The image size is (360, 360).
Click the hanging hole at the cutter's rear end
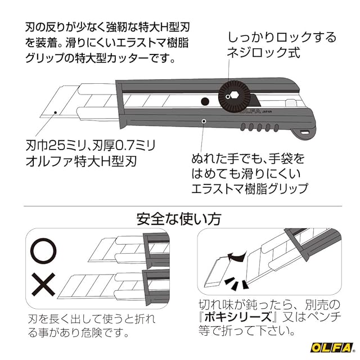tap(305, 132)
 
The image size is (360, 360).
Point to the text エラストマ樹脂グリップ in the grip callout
tap(250, 187)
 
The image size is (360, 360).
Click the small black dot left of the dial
tap(205, 101)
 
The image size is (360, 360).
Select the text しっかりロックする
tap(281, 38)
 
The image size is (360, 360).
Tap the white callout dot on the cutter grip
tap(204, 120)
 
